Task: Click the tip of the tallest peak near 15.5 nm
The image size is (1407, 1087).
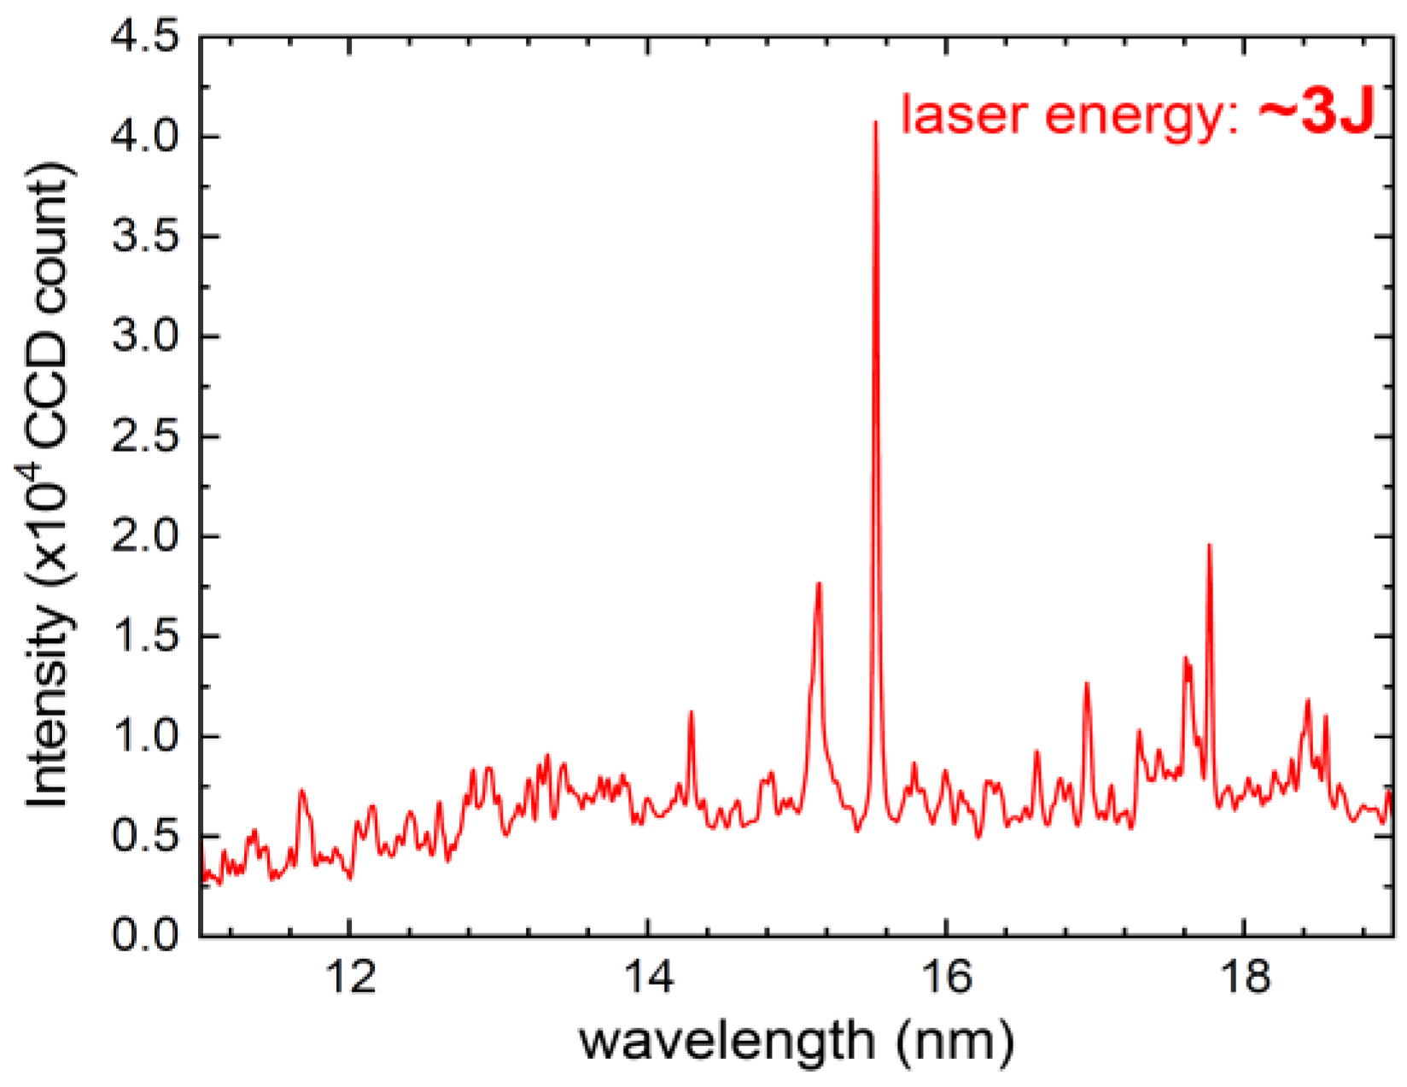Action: [x=875, y=122]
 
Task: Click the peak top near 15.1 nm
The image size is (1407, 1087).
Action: [x=819, y=583]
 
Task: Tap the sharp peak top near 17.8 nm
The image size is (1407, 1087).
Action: [x=1209, y=545]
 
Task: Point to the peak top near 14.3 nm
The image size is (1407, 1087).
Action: [x=691, y=711]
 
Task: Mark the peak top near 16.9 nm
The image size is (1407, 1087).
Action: [x=1086, y=683]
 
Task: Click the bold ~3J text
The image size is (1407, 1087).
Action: [x=1316, y=114]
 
